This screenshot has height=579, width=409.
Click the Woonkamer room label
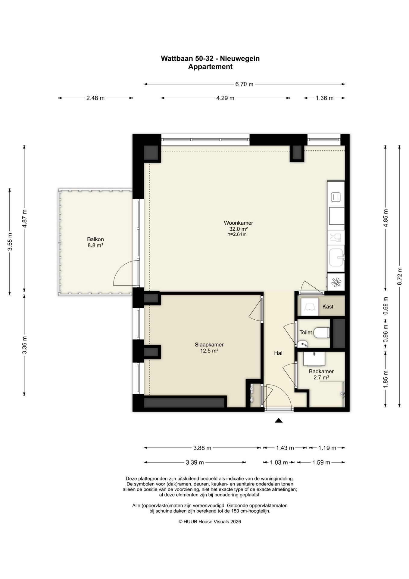pos(238,223)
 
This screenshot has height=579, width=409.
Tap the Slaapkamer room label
pos(209,345)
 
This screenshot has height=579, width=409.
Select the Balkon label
pos(95,239)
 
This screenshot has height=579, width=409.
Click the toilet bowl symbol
pos(321,333)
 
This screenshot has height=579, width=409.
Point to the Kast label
pos(328,307)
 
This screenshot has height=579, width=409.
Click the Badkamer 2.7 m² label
pos(321,374)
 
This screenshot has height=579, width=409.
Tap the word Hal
pos(278,353)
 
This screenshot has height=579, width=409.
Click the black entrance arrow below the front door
pos(279,420)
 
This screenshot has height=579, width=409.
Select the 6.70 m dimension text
pos(244,84)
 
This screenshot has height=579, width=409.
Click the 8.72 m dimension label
pos(400,276)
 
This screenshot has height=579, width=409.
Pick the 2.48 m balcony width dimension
pos(95,98)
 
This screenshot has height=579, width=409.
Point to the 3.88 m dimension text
pos(202,448)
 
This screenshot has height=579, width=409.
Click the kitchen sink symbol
pos(337,258)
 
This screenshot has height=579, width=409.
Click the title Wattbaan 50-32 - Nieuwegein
pos(210,58)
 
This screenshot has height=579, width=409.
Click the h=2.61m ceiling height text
pos(237,234)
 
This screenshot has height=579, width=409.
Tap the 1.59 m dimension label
pos(321,462)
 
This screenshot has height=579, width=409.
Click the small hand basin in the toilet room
pos(303,343)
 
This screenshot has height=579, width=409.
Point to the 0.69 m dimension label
pos(386,306)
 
